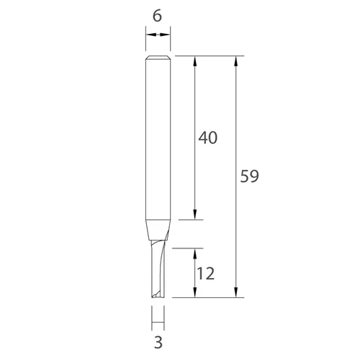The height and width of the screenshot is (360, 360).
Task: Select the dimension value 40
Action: [x=208, y=137]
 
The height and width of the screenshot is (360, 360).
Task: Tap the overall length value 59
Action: [x=249, y=176]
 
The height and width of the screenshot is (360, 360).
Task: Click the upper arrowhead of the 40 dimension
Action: [x=195, y=60]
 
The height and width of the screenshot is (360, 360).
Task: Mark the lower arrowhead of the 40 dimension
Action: [x=195, y=215]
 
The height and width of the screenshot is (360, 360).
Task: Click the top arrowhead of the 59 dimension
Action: [x=236, y=60]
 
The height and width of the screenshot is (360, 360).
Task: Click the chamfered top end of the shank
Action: [x=158, y=58]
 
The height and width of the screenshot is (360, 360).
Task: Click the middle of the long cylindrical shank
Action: [x=158, y=137]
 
